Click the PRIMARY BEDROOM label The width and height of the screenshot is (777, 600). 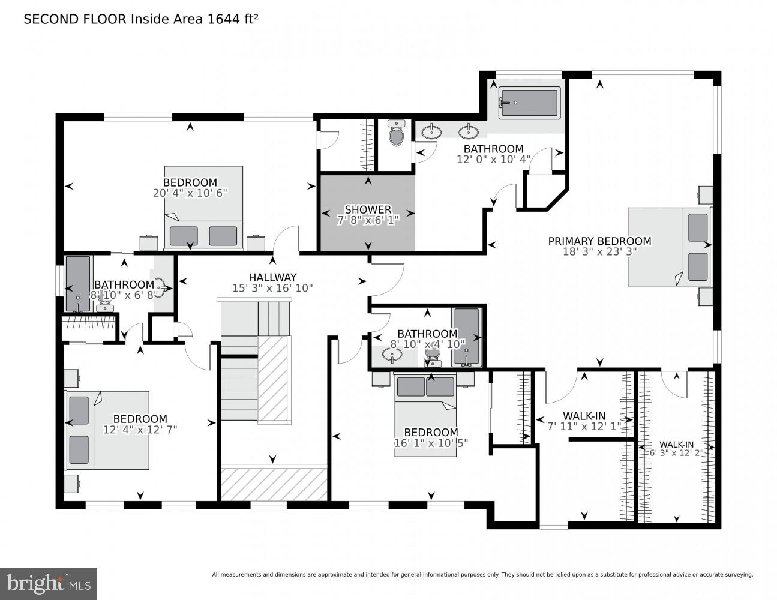(x=599, y=241)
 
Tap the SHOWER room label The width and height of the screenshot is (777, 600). (x=367, y=209)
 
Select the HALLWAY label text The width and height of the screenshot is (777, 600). (x=272, y=277)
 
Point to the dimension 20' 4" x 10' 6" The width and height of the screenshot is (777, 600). (x=190, y=193)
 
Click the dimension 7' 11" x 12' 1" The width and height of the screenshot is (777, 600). (x=584, y=427)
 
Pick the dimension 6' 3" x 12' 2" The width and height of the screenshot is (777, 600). (x=676, y=453)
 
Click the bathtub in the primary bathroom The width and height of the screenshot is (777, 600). (x=529, y=103)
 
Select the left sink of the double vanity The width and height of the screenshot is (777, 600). (x=431, y=131)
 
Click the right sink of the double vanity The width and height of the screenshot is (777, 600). (x=468, y=131)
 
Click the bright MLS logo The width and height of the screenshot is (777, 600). (x=49, y=583)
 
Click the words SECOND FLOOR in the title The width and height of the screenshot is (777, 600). (x=75, y=19)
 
